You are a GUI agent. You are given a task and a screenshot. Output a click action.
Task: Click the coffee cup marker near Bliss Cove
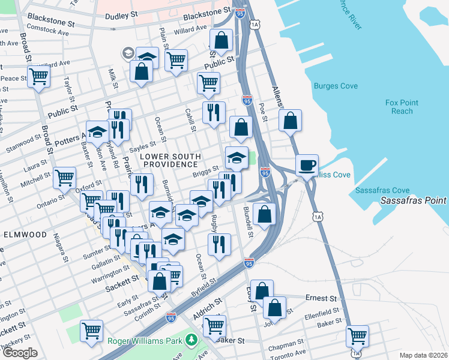[x=307, y=165]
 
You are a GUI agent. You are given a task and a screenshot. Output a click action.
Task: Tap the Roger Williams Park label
[x=146, y=341]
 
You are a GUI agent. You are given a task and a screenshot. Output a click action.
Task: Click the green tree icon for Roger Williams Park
[x=191, y=340]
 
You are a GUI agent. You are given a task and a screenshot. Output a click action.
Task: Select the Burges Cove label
[x=336, y=86]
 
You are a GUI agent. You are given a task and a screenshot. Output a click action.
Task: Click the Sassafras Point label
[x=414, y=200]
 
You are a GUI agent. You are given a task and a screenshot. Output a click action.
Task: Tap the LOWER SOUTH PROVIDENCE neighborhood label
[x=169, y=161]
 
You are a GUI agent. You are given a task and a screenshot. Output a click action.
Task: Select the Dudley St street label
[x=121, y=17]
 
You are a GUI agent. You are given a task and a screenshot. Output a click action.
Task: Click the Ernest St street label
[x=320, y=298]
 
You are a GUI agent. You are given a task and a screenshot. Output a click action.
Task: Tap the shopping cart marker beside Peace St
[x=38, y=77]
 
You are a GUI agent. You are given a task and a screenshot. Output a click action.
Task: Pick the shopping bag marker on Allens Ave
[x=290, y=121]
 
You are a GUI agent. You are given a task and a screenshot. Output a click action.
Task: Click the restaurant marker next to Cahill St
[x=213, y=112]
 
